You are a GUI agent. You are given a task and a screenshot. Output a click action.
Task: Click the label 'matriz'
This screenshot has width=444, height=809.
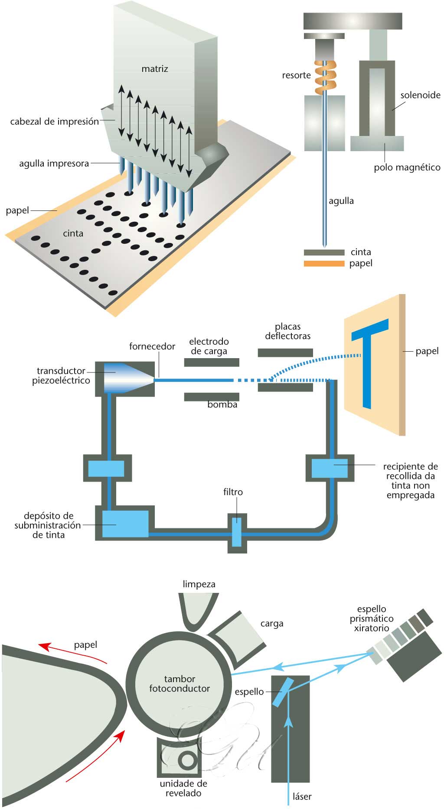point(154,69)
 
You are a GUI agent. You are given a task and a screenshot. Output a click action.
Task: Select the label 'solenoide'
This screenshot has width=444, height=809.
point(420,95)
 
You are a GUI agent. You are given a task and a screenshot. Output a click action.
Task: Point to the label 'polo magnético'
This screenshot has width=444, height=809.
point(407,168)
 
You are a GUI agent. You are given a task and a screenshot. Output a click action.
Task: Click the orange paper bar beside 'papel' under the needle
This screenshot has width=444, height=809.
point(324,263)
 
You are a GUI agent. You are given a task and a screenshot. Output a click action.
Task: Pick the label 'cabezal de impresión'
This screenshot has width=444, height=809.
point(55,122)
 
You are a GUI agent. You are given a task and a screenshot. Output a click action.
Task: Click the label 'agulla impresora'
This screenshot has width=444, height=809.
point(54,164)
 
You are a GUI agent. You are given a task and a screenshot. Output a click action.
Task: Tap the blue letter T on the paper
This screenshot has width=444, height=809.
point(369,359)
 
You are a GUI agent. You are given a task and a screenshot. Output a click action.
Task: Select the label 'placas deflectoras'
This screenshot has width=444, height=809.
point(287,331)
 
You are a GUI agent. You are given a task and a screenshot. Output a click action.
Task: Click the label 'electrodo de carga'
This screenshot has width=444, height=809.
point(209,346)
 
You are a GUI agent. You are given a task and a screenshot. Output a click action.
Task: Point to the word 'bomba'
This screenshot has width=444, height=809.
point(222,405)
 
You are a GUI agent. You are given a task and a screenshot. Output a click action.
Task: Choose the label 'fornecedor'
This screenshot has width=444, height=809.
point(152,346)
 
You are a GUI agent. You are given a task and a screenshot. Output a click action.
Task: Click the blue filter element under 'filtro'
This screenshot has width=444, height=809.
point(237,532)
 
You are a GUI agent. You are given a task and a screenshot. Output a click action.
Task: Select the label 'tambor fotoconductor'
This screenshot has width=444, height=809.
point(180,683)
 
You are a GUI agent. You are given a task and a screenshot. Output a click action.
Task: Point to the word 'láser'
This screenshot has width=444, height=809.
point(302,796)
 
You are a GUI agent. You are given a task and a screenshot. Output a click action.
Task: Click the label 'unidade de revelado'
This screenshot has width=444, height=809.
point(183,788)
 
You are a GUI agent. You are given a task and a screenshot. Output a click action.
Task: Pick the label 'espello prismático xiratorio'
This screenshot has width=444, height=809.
point(372,618)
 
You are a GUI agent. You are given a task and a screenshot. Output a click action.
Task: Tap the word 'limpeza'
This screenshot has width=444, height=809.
point(199,584)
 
